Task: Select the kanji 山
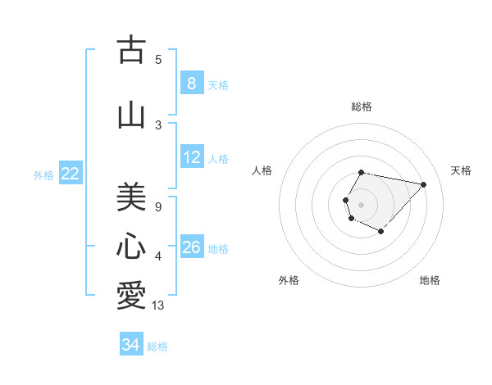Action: click(x=131, y=115)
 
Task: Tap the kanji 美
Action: click(x=131, y=197)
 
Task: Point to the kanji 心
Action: click(x=131, y=247)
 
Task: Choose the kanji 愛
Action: click(x=131, y=296)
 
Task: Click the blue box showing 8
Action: click(x=191, y=83)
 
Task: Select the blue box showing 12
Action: click(x=191, y=157)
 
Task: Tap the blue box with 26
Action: click(x=191, y=247)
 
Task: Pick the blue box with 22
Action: click(x=71, y=173)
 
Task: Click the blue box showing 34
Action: click(x=130, y=345)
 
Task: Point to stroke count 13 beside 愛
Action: click(x=158, y=306)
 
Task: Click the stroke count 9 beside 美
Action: click(x=158, y=207)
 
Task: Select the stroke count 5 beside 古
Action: click(x=158, y=59)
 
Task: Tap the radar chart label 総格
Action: click(x=361, y=106)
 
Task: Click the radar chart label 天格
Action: click(x=461, y=170)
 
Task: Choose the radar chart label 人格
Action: click(x=262, y=170)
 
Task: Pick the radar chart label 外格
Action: click(x=289, y=280)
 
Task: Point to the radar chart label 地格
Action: click(x=430, y=280)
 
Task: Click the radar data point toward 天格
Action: click(x=423, y=184)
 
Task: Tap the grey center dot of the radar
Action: click(x=361, y=204)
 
